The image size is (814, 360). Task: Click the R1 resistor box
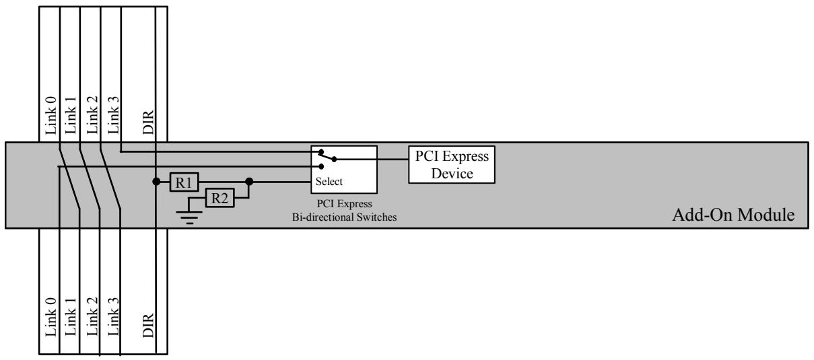coord(184,182)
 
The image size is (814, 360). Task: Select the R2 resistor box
coord(220,198)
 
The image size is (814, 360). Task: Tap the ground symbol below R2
coord(189,217)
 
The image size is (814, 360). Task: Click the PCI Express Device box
coord(452,165)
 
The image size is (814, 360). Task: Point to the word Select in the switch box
coord(329,181)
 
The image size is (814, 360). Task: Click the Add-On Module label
coord(733,215)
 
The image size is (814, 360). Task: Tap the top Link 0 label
coord(51,116)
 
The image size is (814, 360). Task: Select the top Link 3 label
coord(113,115)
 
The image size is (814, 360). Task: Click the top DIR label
coord(148,122)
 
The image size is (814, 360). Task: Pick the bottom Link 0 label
coord(51,317)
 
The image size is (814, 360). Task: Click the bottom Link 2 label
coord(92,316)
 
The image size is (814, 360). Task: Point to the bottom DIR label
coord(148,325)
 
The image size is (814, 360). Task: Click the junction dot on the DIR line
coord(156,182)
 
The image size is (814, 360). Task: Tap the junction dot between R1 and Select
coord(249,182)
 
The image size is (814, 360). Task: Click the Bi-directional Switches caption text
coord(345,217)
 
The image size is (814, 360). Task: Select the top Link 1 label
coord(71,116)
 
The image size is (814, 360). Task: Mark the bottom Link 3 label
coord(113,316)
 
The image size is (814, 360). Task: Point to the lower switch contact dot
coord(321,167)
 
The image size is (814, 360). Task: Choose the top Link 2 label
coord(92,115)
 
